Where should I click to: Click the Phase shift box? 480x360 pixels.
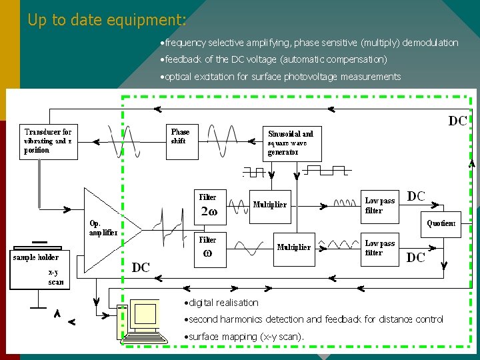point(183,141)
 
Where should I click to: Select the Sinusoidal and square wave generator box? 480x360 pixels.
point(292,142)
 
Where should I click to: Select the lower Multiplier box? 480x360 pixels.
point(295,247)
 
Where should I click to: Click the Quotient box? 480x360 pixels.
point(441,224)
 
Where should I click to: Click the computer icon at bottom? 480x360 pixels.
point(141,319)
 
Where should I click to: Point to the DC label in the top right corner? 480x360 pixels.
point(457,121)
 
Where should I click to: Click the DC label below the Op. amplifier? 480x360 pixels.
point(141,267)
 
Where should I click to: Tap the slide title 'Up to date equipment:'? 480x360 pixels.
point(107,20)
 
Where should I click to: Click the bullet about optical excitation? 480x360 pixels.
point(280,77)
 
